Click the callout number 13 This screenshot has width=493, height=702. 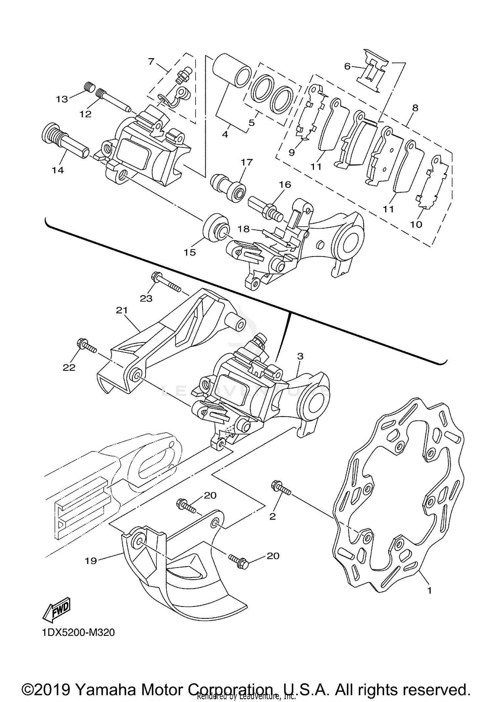[x=62, y=99]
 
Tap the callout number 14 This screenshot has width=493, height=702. [x=58, y=170]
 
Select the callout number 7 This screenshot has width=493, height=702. [x=151, y=61]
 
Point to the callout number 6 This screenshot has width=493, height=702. [x=347, y=66]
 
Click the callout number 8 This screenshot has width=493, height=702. [x=415, y=108]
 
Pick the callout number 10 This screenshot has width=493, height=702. [x=416, y=225]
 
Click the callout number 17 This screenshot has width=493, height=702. [x=246, y=162]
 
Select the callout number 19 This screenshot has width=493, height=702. [x=91, y=561]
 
